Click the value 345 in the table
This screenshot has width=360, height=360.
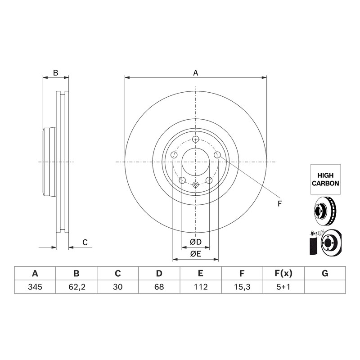point(35,287)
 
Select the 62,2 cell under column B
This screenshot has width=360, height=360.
point(76,287)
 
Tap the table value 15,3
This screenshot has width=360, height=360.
point(242,287)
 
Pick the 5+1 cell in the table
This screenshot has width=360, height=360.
point(283,287)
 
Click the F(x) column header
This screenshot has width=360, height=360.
point(283,274)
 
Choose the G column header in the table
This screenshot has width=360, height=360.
point(325,274)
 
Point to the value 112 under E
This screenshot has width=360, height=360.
point(201,287)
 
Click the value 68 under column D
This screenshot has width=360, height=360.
point(159,287)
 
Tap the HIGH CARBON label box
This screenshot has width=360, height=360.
point(325,179)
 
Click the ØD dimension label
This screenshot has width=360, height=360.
point(195,242)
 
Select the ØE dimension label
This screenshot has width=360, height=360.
point(195,254)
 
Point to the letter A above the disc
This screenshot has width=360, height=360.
point(195,73)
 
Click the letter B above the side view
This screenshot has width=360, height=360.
point(55,73)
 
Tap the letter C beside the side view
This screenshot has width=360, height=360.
point(85,242)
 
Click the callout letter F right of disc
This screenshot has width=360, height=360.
point(279,203)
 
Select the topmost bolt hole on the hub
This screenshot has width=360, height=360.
point(195,139)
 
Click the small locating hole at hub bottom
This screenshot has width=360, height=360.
point(195,184)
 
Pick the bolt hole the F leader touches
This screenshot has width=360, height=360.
point(217,155)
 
